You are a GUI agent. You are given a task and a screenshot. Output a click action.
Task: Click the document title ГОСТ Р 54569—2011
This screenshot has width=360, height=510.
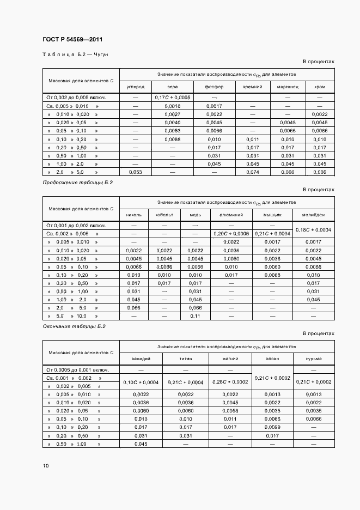(72, 40)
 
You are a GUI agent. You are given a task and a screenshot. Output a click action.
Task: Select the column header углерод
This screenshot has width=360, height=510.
(135, 87)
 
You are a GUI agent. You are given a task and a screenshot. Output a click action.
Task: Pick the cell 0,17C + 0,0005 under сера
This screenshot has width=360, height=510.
(173, 98)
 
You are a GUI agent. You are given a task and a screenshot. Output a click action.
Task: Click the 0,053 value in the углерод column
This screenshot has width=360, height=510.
(135, 172)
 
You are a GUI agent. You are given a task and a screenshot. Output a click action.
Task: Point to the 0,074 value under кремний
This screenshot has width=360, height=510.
(252, 172)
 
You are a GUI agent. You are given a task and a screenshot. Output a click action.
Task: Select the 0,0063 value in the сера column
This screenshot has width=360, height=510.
(173, 131)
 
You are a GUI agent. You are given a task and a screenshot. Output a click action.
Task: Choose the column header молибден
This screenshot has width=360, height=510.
(313, 215)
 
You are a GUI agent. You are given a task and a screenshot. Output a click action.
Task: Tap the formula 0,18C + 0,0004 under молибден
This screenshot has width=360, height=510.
(313, 229)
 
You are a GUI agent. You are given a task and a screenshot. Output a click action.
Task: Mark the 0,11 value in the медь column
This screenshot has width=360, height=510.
(195, 316)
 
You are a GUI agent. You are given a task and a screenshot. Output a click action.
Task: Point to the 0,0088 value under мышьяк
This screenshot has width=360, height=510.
(272, 275)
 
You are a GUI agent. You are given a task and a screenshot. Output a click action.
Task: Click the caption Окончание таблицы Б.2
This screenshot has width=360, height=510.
(74, 326)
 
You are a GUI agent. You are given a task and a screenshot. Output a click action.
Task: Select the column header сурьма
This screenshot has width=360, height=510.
(313, 359)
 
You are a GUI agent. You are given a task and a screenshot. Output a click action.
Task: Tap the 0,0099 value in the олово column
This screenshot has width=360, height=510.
(272, 427)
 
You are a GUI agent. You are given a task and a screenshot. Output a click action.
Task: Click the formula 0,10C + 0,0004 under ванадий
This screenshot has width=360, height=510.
(141, 382)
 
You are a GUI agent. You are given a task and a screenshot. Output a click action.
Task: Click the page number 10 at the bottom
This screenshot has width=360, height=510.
(46, 466)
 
